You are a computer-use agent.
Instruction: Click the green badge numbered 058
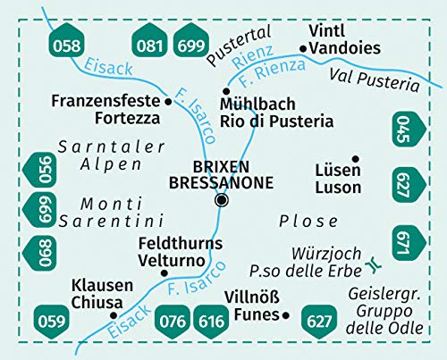[x=66, y=45]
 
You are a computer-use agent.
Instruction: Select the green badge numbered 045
[x=402, y=129]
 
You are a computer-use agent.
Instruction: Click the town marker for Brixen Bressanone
[x=221, y=201]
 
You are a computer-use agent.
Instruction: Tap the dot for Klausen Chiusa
[x=113, y=315]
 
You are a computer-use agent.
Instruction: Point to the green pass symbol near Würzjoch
[x=371, y=266]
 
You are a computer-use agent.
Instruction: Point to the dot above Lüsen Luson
[x=355, y=159]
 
